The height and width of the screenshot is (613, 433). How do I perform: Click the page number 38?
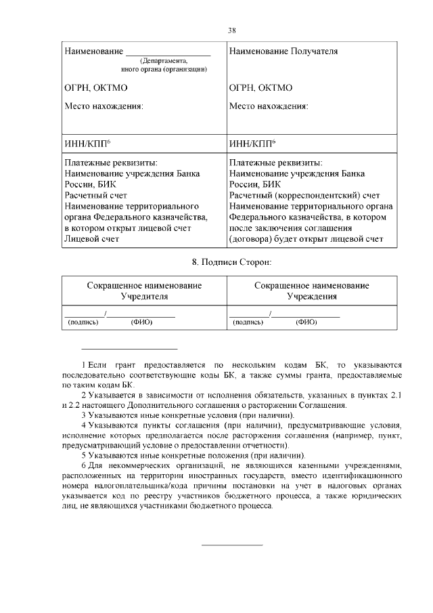232,30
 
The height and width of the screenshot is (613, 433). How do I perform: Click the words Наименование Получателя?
283,51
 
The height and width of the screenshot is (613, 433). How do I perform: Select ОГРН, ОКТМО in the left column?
95,88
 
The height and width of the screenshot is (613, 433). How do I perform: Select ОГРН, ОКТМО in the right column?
260,88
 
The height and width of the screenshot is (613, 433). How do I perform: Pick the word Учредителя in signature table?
144,297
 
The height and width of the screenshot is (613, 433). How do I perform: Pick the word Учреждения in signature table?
312,297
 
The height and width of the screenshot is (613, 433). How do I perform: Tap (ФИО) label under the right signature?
306,322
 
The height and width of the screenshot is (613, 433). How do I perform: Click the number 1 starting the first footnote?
83,364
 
